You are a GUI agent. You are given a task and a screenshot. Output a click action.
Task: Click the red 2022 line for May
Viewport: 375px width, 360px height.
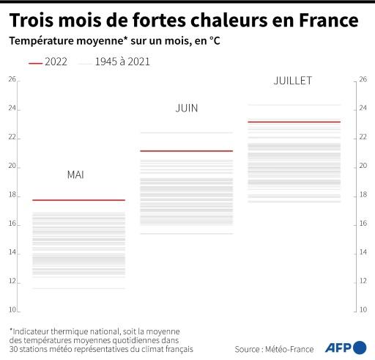tap(78, 200)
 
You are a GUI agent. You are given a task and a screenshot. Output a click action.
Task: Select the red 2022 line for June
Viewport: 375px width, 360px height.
tap(186, 151)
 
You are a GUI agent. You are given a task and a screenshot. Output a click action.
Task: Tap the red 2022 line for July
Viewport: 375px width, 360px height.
tap(294, 122)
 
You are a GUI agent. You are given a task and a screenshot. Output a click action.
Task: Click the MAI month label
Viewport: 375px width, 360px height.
tap(75, 175)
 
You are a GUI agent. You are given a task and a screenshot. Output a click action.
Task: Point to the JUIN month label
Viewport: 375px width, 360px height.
tap(186, 109)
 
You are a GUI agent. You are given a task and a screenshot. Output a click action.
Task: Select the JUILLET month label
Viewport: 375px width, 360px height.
tap(292, 80)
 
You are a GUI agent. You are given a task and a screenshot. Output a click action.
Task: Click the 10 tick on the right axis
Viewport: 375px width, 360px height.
tap(363, 309)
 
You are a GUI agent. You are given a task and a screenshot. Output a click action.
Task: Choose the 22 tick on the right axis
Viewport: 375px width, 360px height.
tap(363, 137)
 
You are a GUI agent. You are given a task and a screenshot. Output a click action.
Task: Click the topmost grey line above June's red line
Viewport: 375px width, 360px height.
tap(186, 133)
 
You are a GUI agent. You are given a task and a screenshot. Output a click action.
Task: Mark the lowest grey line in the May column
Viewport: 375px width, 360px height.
tap(78, 288)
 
